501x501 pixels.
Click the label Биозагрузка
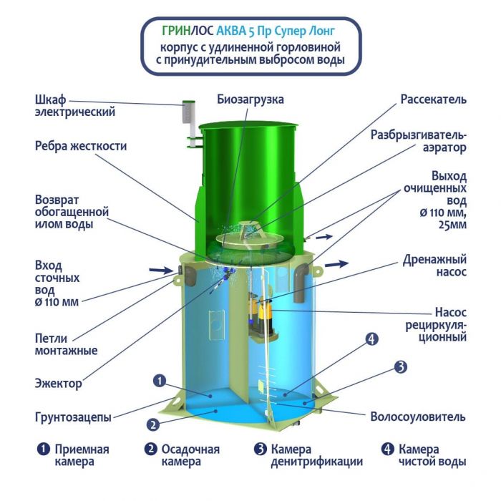click(250, 99)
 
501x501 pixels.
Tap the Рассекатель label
click(433, 99)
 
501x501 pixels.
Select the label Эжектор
click(58, 383)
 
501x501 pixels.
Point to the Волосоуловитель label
click(417, 417)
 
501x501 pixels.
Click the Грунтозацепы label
click(73, 417)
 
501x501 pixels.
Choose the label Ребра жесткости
click(81, 146)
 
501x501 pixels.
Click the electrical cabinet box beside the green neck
click(188, 112)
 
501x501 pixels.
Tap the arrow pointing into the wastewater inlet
click(161, 271)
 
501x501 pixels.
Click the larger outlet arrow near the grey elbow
click(337, 264)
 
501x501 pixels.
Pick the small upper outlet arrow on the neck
click(324, 237)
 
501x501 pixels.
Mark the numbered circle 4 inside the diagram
click(371, 339)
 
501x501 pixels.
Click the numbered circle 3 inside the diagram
click(401, 367)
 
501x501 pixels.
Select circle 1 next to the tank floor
click(160, 381)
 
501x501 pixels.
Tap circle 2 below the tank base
click(153, 424)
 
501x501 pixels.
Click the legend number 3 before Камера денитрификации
click(261, 449)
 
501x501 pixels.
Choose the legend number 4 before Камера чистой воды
click(388, 449)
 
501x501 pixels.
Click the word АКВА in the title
click(231, 31)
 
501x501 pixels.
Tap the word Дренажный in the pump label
click(434, 259)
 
